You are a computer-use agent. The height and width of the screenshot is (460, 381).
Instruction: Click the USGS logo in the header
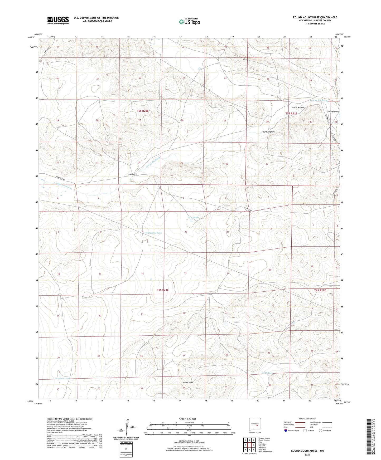click(x=58, y=20)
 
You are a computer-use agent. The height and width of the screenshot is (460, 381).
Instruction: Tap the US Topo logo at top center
click(x=189, y=22)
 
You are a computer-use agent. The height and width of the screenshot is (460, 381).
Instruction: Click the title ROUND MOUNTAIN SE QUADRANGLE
click(x=315, y=17)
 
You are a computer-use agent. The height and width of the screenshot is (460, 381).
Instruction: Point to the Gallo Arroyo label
click(x=298, y=108)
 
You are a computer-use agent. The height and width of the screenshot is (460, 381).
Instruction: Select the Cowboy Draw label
click(x=332, y=112)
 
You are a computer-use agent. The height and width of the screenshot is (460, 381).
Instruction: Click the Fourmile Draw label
click(x=268, y=132)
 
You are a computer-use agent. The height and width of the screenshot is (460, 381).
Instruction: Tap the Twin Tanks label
click(x=193, y=218)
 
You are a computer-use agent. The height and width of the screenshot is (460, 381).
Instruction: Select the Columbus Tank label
click(x=63, y=379)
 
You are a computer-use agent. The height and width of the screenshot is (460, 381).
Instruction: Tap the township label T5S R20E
click(x=143, y=111)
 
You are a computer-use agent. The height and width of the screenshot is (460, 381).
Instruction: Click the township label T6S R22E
click(x=320, y=290)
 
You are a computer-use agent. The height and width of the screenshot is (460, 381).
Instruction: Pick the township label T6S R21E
click(x=163, y=290)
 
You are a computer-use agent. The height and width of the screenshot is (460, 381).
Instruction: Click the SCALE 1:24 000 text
click(x=189, y=419)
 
